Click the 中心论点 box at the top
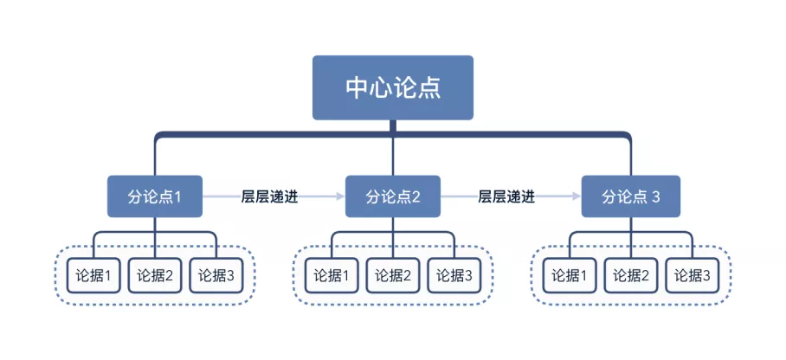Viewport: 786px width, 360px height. [x=392, y=87]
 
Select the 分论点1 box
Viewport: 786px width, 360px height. [x=155, y=196]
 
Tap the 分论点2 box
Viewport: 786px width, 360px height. [x=393, y=196]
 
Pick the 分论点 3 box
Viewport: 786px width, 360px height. [x=631, y=196]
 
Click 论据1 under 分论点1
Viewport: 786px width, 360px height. [x=93, y=275]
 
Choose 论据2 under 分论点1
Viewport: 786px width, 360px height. [x=155, y=275]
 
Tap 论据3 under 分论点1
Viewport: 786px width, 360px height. [x=216, y=275]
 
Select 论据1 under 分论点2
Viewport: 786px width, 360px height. [x=332, y=275]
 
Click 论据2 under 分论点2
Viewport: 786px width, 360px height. [x=393, y=275]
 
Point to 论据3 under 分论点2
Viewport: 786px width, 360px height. [x=454, y=275]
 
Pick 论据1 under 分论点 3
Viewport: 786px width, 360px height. [x=570, y=275]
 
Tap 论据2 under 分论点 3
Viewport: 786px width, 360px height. [x=631, y=275]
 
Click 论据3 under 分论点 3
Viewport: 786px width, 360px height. [x=693, y=275]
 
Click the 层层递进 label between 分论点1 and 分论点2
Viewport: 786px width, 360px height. [x=270, y=196]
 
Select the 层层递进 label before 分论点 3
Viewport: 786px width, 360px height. [x=506, y=196]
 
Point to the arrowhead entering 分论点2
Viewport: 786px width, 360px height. [x=341, y=196]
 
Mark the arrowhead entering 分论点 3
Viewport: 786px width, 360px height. [x=577, y=196]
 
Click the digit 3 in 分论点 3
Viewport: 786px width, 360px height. [x=657, y=197]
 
